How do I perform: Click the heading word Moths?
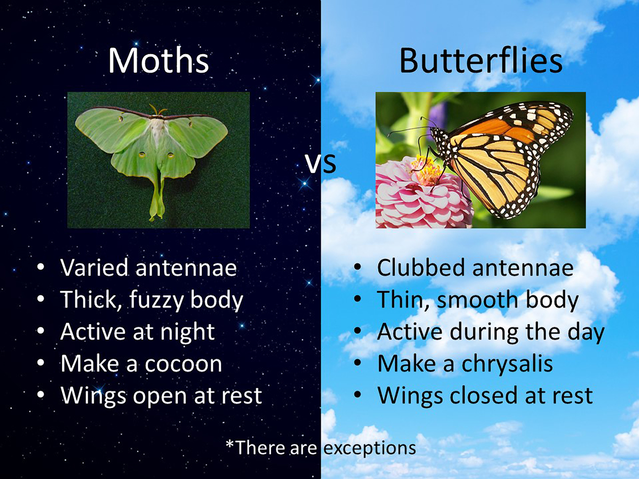(x=159, y=60)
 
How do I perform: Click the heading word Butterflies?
(x=481, y=60)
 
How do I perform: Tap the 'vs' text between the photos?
(x=321, y=164)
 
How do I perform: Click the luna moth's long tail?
(x=157, y=198)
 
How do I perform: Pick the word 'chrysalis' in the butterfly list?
(x=507, y=364)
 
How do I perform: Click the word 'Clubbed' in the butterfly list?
(x=421, y=267)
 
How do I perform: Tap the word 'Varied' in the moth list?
(x=94, y=267)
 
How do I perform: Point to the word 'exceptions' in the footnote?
(x=370, y=448)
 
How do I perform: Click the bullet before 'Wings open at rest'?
(x=41, y=395)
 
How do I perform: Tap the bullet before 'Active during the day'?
(x=358, y=331)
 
